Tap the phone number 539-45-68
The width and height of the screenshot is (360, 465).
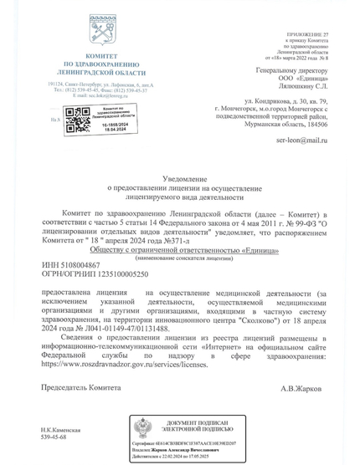pyautogui.click(x=56, y=437)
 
